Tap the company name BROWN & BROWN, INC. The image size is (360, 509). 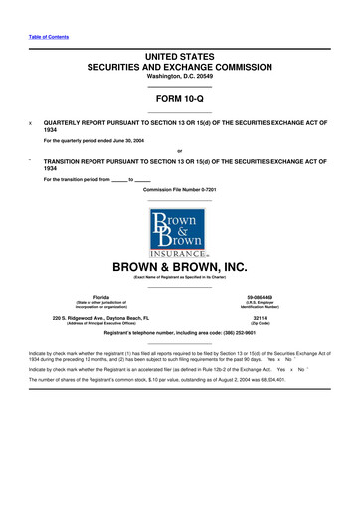pos(179,267)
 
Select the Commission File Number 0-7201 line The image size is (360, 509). pos(179,189)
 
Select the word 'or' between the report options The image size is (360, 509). pos(179,150)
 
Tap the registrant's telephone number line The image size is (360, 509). pos(179,334)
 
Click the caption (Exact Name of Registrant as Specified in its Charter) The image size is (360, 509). pos(179,277)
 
